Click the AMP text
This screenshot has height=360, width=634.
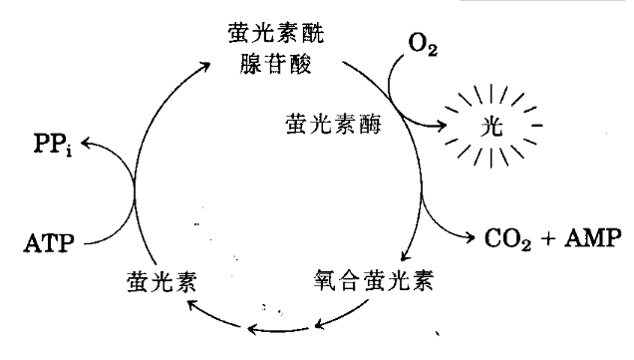[x=592, y=239]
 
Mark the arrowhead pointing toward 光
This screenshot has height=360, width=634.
[x=442, y=126]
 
